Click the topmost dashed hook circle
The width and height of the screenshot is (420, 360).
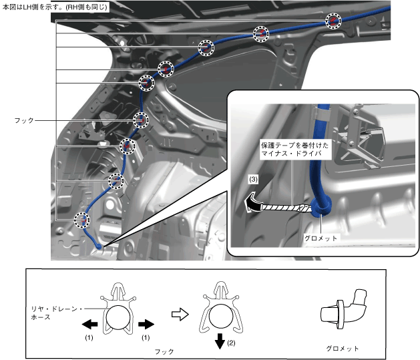(333, 21)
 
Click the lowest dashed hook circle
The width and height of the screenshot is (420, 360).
(82, 220)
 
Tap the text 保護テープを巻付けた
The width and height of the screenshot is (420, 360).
(291, 144)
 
